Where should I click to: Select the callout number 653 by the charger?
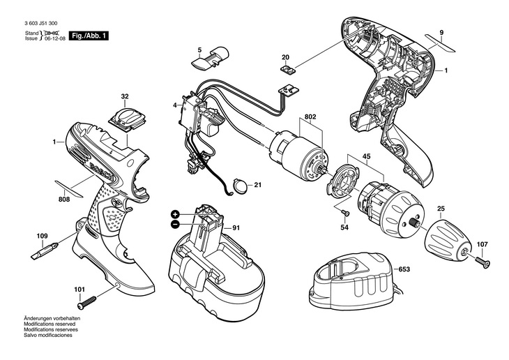coord(404,269)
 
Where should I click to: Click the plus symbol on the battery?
coord(174,214)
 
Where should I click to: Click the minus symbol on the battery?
coord(174,224)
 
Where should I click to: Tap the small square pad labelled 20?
coord(286,68)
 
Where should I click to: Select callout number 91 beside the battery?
coord(236,227)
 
